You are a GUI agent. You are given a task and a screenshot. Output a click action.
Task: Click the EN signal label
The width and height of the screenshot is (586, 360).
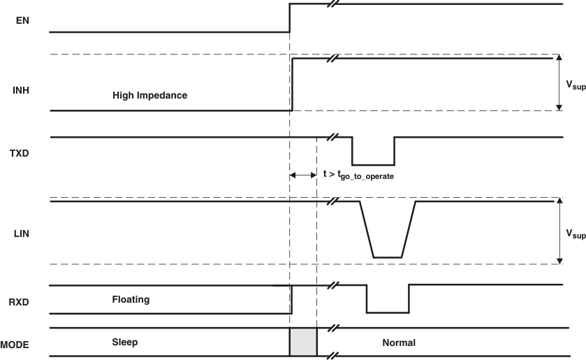(x=22, y=20)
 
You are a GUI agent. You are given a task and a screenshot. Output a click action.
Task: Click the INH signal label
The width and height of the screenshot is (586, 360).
(x=22, y=90)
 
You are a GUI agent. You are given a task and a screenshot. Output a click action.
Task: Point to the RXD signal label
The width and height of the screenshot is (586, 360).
(x=22, y=303)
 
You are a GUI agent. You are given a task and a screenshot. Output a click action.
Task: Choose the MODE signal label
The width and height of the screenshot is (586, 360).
(x=15, y=345)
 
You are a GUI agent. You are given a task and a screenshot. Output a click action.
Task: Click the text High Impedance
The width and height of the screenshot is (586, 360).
(x=149, y=95)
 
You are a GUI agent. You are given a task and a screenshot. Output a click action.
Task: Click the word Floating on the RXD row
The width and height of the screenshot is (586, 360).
(x=131, y=299)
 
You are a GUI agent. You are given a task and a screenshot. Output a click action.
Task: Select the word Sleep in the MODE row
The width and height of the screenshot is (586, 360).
(x=125, y=343)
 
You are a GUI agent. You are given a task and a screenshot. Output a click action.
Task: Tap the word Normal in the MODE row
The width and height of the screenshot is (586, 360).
(x=399, y=343)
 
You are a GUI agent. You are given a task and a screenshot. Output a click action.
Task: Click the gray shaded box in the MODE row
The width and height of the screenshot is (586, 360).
(x=303, y=343)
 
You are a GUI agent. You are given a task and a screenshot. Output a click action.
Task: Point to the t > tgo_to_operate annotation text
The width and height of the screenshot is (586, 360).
(x=358, y=175)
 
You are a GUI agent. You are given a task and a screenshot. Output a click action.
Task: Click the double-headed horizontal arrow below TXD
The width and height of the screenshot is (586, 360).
(x=303, y=175)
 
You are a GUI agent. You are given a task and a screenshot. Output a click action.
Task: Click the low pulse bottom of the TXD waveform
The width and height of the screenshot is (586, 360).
(x=373, y=164)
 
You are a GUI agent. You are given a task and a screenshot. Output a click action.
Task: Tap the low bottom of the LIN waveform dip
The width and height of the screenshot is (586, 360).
(x=388, y=257)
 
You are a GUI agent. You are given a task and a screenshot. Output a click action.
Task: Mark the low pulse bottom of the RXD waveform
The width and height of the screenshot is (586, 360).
(x=388, y=312)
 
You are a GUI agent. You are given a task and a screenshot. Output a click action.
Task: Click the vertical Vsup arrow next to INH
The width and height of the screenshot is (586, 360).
(x=559, y=82)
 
